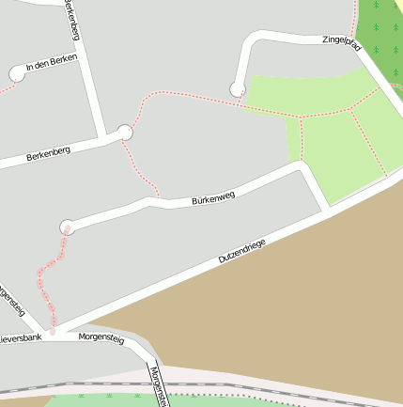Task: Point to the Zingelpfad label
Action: point(341,41)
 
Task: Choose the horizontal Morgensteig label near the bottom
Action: point(101,336)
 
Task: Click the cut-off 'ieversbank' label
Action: point(21,337)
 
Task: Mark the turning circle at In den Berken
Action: point(17,72)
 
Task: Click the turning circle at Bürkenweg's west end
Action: point(67,227)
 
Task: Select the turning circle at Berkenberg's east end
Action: point(125,133)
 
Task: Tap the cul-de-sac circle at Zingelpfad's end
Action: point(238,89)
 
